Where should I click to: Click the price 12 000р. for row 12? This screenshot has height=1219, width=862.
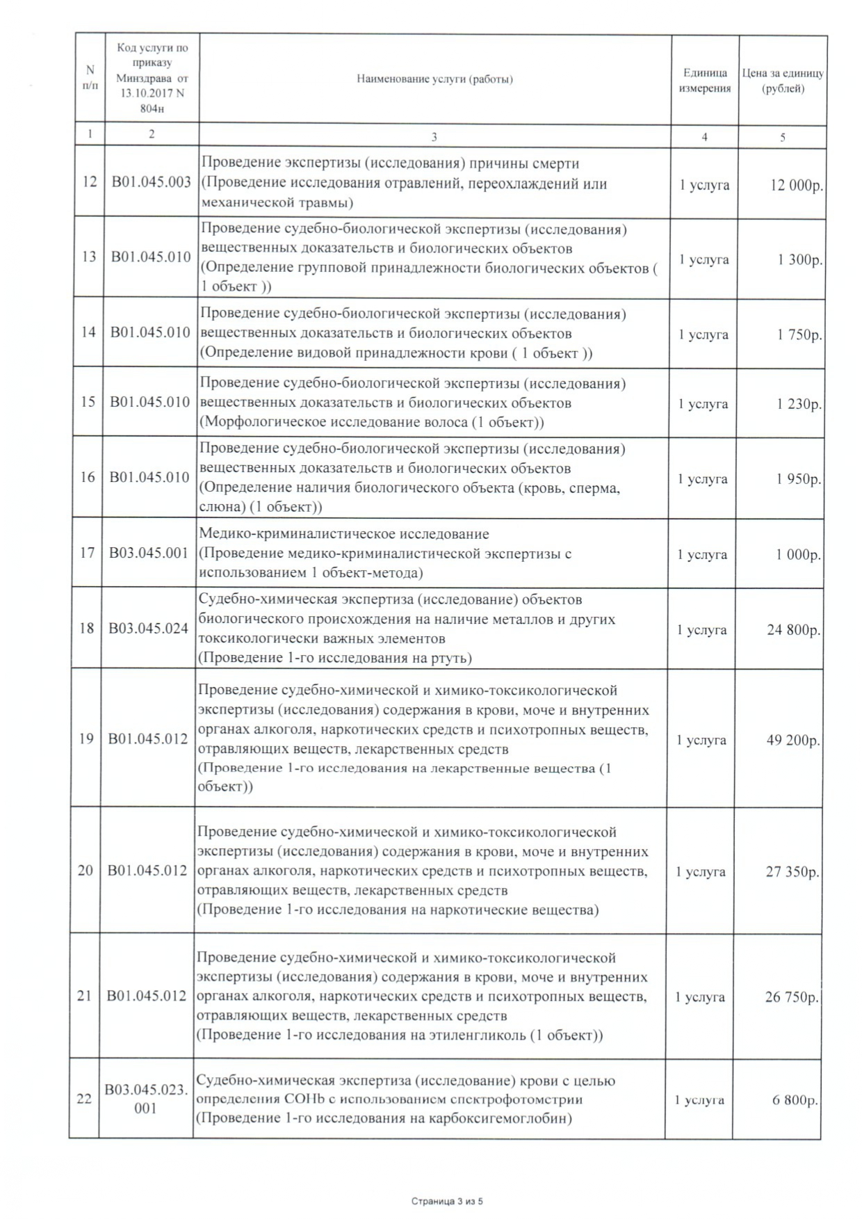(x=796, y=186)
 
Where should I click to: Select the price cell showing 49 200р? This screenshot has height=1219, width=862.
(x=792, y=740)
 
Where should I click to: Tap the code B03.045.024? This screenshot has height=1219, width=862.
(x=148, y=629)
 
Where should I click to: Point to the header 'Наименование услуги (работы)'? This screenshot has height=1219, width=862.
(x=434, y=79)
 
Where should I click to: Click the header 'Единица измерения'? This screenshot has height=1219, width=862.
(x=704, y=80)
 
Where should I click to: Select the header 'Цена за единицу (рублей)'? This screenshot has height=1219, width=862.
(x=783, y=80)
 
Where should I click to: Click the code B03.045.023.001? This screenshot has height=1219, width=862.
(x=146, y=1099)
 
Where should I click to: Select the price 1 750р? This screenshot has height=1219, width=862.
(x=799, y=334)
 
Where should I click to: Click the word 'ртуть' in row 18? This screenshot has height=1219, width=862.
(x=448, y=658)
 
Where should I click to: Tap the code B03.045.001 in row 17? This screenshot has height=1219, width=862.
(x=149, y=554)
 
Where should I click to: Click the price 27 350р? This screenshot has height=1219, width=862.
(x=792, y=871)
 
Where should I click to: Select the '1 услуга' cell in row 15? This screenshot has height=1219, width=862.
(x=704, y=404)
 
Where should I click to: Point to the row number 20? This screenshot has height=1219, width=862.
(x=85, y=871)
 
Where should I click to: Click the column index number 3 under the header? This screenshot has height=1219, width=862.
(x=434, y=137)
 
